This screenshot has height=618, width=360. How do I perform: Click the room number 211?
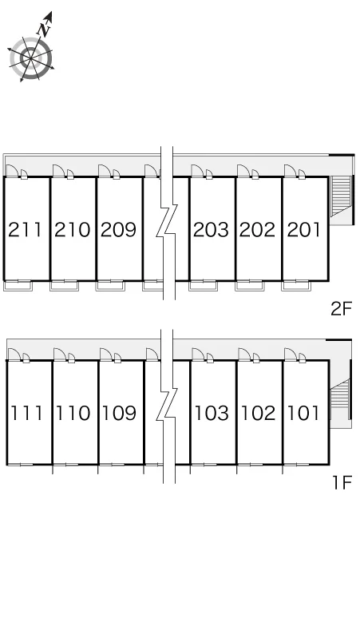25,229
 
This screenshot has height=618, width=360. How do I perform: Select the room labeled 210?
72,229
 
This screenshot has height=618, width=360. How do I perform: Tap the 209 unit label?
118,229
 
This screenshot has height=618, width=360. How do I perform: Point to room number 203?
211,229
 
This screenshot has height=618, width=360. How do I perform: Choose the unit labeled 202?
257,229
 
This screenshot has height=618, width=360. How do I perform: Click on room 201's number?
303,229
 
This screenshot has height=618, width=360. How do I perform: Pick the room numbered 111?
26,413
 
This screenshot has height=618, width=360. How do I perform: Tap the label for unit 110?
73,413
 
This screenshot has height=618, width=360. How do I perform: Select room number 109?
120,413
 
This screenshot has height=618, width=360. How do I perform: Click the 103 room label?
212,413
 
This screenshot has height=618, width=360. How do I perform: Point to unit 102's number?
258,413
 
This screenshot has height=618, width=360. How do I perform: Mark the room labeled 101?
303,413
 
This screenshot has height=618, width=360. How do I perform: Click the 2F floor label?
341,309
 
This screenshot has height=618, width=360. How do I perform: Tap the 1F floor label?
342,482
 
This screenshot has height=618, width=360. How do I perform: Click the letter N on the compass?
45,29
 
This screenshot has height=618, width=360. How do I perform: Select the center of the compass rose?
30,58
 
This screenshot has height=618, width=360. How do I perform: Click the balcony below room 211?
18,285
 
